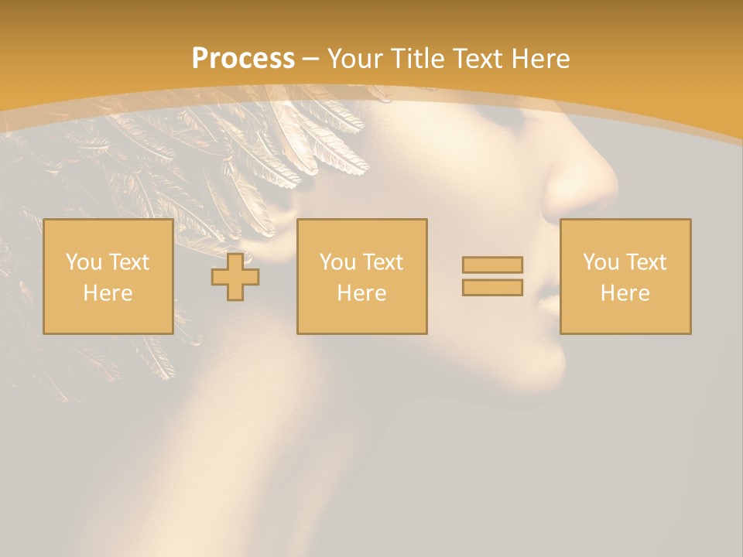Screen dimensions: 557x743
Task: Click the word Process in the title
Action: coord(243,59)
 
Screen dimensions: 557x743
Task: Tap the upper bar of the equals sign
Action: coord(492,265)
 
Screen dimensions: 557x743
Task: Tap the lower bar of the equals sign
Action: coord(492,287)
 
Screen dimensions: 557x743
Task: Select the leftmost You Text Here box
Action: coord(108,276)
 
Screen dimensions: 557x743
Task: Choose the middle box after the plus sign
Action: coord(362,276)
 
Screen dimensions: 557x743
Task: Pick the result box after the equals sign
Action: coord(625,276)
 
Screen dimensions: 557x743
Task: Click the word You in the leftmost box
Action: coord(84,262)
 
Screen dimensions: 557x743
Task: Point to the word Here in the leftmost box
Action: coord(108,293)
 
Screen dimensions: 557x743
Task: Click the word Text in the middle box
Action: coord(383,262)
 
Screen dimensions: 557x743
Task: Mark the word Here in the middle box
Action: coord(362,293)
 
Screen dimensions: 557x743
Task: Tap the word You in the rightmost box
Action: coord(601,262)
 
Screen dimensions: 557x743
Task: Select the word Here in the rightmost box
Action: coord(625,293)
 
